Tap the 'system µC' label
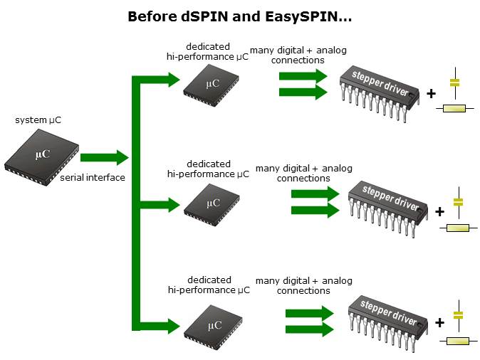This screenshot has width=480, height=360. (x=38, y=120)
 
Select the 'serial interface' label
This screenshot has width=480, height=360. (x=93, y=177)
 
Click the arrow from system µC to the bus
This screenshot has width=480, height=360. (x=104, y=157)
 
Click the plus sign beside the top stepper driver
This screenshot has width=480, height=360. (x=431, y=93)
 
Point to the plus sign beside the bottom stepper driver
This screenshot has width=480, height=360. (x=439, y=322)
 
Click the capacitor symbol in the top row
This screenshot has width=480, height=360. (x=454, y=82)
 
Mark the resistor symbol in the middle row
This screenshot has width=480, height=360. (x=457, y=228)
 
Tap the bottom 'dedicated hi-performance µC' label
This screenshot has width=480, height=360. (x=209, y=285)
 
